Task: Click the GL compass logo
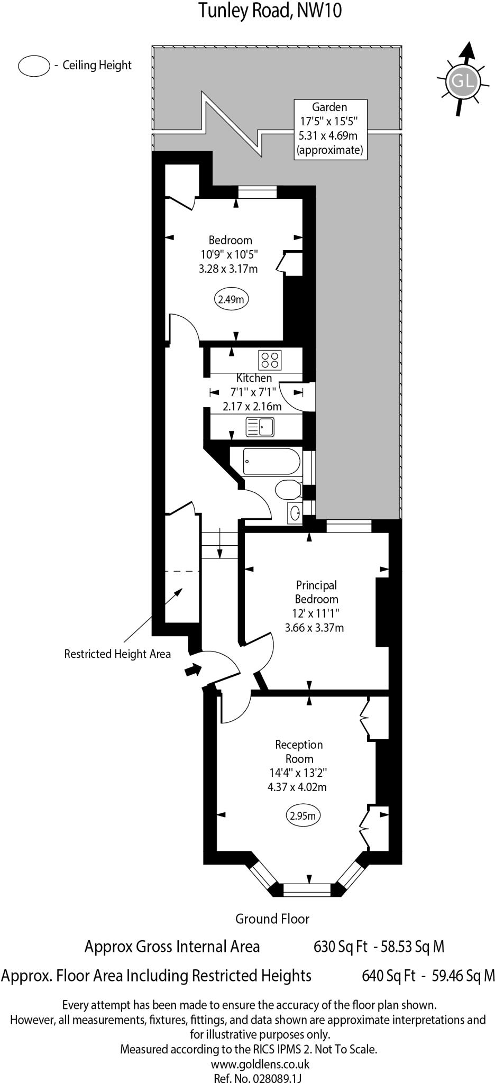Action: [x=463, y=81]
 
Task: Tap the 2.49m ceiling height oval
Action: [x=231, y=299]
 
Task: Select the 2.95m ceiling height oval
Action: [x=304, y=815]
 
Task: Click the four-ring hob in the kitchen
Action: [x=270, y=360]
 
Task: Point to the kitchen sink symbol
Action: [x=260, y=426]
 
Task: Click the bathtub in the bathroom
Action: [x=271, y=462]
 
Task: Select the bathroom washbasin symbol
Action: [x=295, y=512]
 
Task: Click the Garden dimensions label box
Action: [x=329, y=129]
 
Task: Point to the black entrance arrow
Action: [x=193, y=671]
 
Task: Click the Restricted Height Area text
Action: [x=117, y=654]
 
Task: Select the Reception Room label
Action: [x=299, y=751]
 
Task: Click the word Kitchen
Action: [x=254, y=378]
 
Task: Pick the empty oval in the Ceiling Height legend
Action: [x=34, y=66]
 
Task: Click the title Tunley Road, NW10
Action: [x=270, y=10]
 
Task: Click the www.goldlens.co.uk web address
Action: [x=260, y=1064]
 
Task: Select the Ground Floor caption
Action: [x=272, y=919]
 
